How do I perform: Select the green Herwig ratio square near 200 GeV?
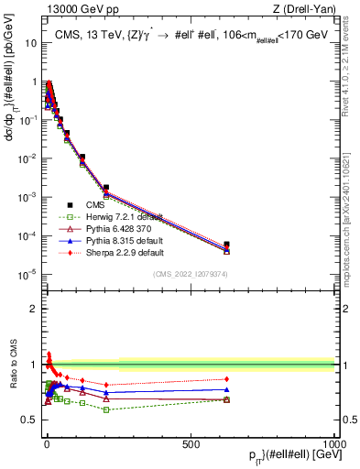(106, 409)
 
